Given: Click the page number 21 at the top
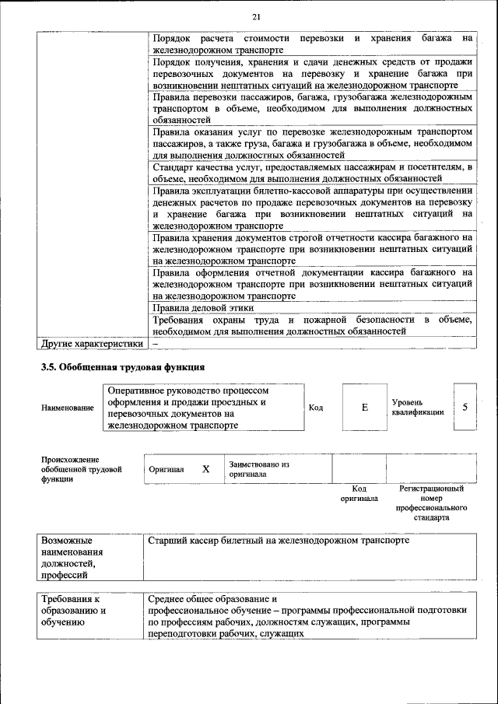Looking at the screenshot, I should (256, 18).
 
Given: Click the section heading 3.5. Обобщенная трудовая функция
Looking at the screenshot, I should (122, 366).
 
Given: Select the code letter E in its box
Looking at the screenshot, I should (364, 407).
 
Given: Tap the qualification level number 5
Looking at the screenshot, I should (465, 407).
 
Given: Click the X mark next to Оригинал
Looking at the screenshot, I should (206, 469).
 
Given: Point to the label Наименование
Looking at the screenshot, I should (68, 408).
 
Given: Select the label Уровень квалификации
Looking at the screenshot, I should (418, 407).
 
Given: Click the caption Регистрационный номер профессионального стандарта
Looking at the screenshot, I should (430, 503).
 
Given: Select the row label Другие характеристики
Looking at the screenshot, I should (92, 343).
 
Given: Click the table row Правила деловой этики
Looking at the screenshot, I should (192, 307).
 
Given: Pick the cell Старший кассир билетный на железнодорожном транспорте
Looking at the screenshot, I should (278, 539).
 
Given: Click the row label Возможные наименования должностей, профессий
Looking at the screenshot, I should (74, 557).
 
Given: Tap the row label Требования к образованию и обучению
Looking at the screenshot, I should (74, 611).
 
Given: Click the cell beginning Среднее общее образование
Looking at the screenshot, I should (307, 616).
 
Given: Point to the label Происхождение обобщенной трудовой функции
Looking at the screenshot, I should (82, 470).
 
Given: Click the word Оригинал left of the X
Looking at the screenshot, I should (166, 470).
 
